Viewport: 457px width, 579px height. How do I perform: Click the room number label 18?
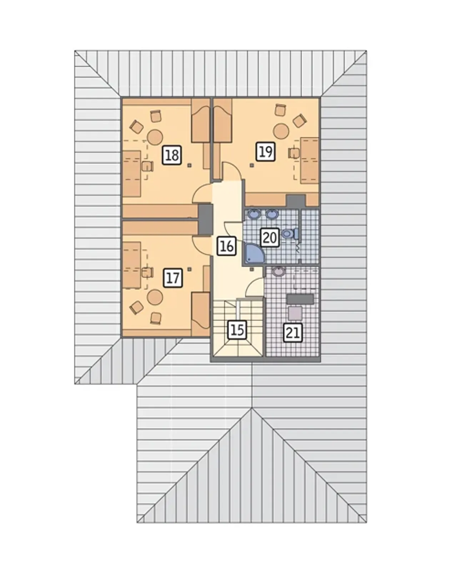[172, 155]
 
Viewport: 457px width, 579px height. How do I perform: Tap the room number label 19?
[266, 152]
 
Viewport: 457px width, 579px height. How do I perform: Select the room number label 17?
[173, 278]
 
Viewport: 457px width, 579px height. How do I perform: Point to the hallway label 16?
[227, 246]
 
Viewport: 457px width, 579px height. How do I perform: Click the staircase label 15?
[237, 330]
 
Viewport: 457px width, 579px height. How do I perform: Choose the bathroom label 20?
[270, 238]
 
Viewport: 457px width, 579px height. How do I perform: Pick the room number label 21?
[293, 333]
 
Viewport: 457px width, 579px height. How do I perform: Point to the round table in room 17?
[155, 297]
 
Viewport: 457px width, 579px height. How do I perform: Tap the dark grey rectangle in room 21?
[300, 299]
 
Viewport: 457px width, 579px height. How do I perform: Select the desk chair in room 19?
[294, 153]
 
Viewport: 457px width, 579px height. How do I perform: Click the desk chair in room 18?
[147, 166]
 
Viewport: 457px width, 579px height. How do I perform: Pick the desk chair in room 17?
[147, 272]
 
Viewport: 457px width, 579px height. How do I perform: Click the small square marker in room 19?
[251, 166]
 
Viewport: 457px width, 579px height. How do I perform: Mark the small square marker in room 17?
[190, 269]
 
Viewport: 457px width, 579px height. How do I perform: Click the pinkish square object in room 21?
[295, 313]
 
